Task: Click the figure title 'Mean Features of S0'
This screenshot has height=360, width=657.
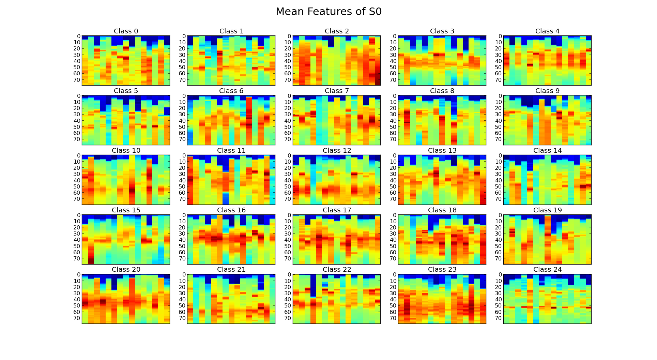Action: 328,12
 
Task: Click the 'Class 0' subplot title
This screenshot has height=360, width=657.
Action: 126,31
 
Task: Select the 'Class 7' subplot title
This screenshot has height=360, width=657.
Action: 337,91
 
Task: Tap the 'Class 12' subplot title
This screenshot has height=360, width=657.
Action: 337,151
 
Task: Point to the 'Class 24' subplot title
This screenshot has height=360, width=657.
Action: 547,270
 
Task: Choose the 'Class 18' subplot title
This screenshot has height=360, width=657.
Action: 442,210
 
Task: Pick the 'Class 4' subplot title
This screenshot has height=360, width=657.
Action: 547,31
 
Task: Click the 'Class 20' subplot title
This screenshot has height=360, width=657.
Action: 126,270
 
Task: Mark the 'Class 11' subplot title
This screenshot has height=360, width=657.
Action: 231,151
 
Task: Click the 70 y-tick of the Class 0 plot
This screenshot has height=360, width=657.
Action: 77,80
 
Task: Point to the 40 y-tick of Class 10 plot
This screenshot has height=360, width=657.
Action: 77,180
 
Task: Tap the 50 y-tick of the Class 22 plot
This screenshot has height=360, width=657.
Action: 288,306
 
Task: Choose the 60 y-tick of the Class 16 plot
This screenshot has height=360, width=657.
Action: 182,253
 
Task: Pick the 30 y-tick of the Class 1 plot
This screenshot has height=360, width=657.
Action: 182,55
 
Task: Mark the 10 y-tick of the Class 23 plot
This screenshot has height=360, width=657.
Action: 393,281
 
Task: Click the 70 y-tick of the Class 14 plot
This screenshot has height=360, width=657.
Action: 498,199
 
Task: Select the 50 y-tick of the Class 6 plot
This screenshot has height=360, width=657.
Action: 182,127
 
